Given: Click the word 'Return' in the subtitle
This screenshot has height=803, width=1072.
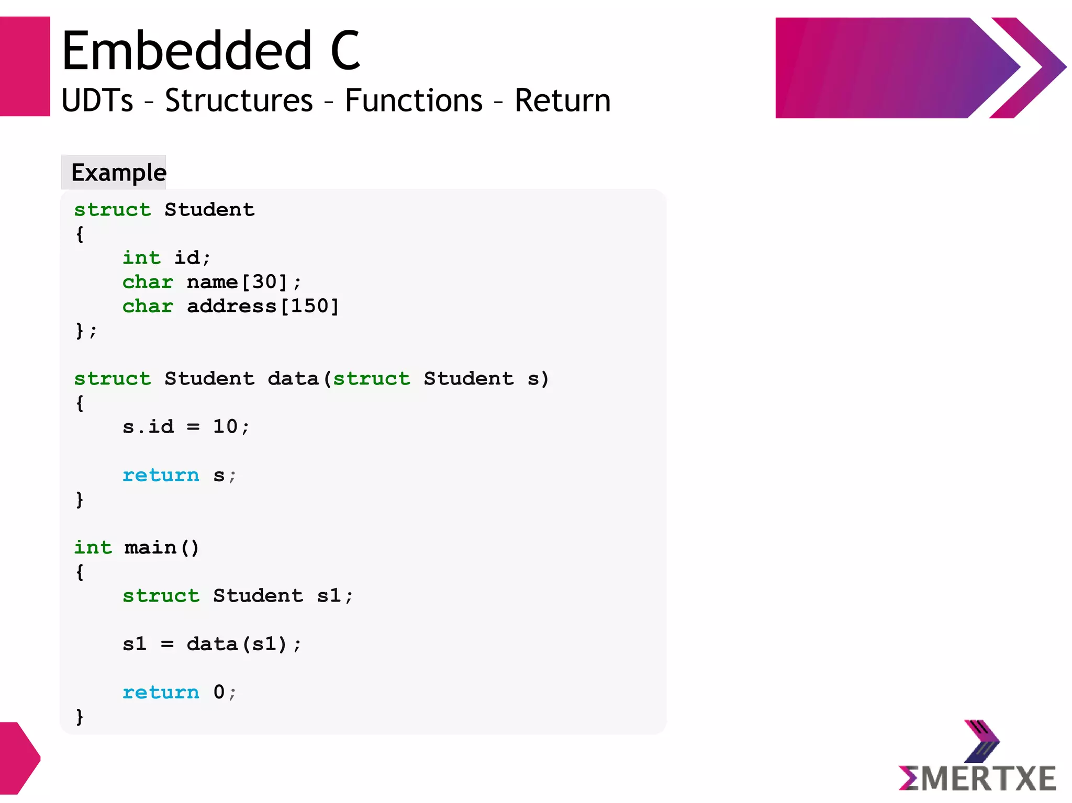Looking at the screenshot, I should point(562,100).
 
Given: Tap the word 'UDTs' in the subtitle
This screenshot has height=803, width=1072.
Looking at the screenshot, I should point(97,100).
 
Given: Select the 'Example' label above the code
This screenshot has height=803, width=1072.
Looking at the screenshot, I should point(118,173).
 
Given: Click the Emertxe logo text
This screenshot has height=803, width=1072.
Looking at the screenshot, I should point(977,778).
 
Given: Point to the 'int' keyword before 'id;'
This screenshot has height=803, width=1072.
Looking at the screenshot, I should point(141,258).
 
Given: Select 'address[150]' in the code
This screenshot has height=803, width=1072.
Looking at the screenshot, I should point(263,307).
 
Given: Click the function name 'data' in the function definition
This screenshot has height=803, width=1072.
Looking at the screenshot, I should point(293,379).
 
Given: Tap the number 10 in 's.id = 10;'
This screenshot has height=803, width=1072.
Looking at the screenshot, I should point(225,427).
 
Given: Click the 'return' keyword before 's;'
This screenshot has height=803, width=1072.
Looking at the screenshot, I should point(161,476).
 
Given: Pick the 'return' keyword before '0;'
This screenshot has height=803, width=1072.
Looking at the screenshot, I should point(161,693).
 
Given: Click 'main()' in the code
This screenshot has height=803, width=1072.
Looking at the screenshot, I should point(162,548).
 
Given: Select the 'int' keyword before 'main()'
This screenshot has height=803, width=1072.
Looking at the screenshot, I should point(93,548).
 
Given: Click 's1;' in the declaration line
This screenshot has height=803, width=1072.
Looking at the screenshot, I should point(335,596).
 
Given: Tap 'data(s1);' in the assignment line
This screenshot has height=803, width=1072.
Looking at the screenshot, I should point(244,644).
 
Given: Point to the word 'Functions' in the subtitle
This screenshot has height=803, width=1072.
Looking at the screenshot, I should point(414,100).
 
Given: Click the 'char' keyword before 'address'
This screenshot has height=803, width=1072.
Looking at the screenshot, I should point(148,307).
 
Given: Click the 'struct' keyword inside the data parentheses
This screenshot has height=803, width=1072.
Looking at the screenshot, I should point(372,379).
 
